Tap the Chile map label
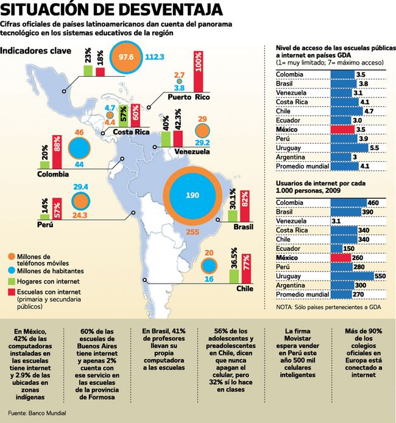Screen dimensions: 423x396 point(245,288)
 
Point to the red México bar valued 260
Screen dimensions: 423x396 point(340,257)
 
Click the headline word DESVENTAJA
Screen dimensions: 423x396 point(161,10)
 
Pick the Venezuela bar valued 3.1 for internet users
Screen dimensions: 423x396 point(331,220)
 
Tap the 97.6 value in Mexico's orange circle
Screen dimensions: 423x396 point(127,57)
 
